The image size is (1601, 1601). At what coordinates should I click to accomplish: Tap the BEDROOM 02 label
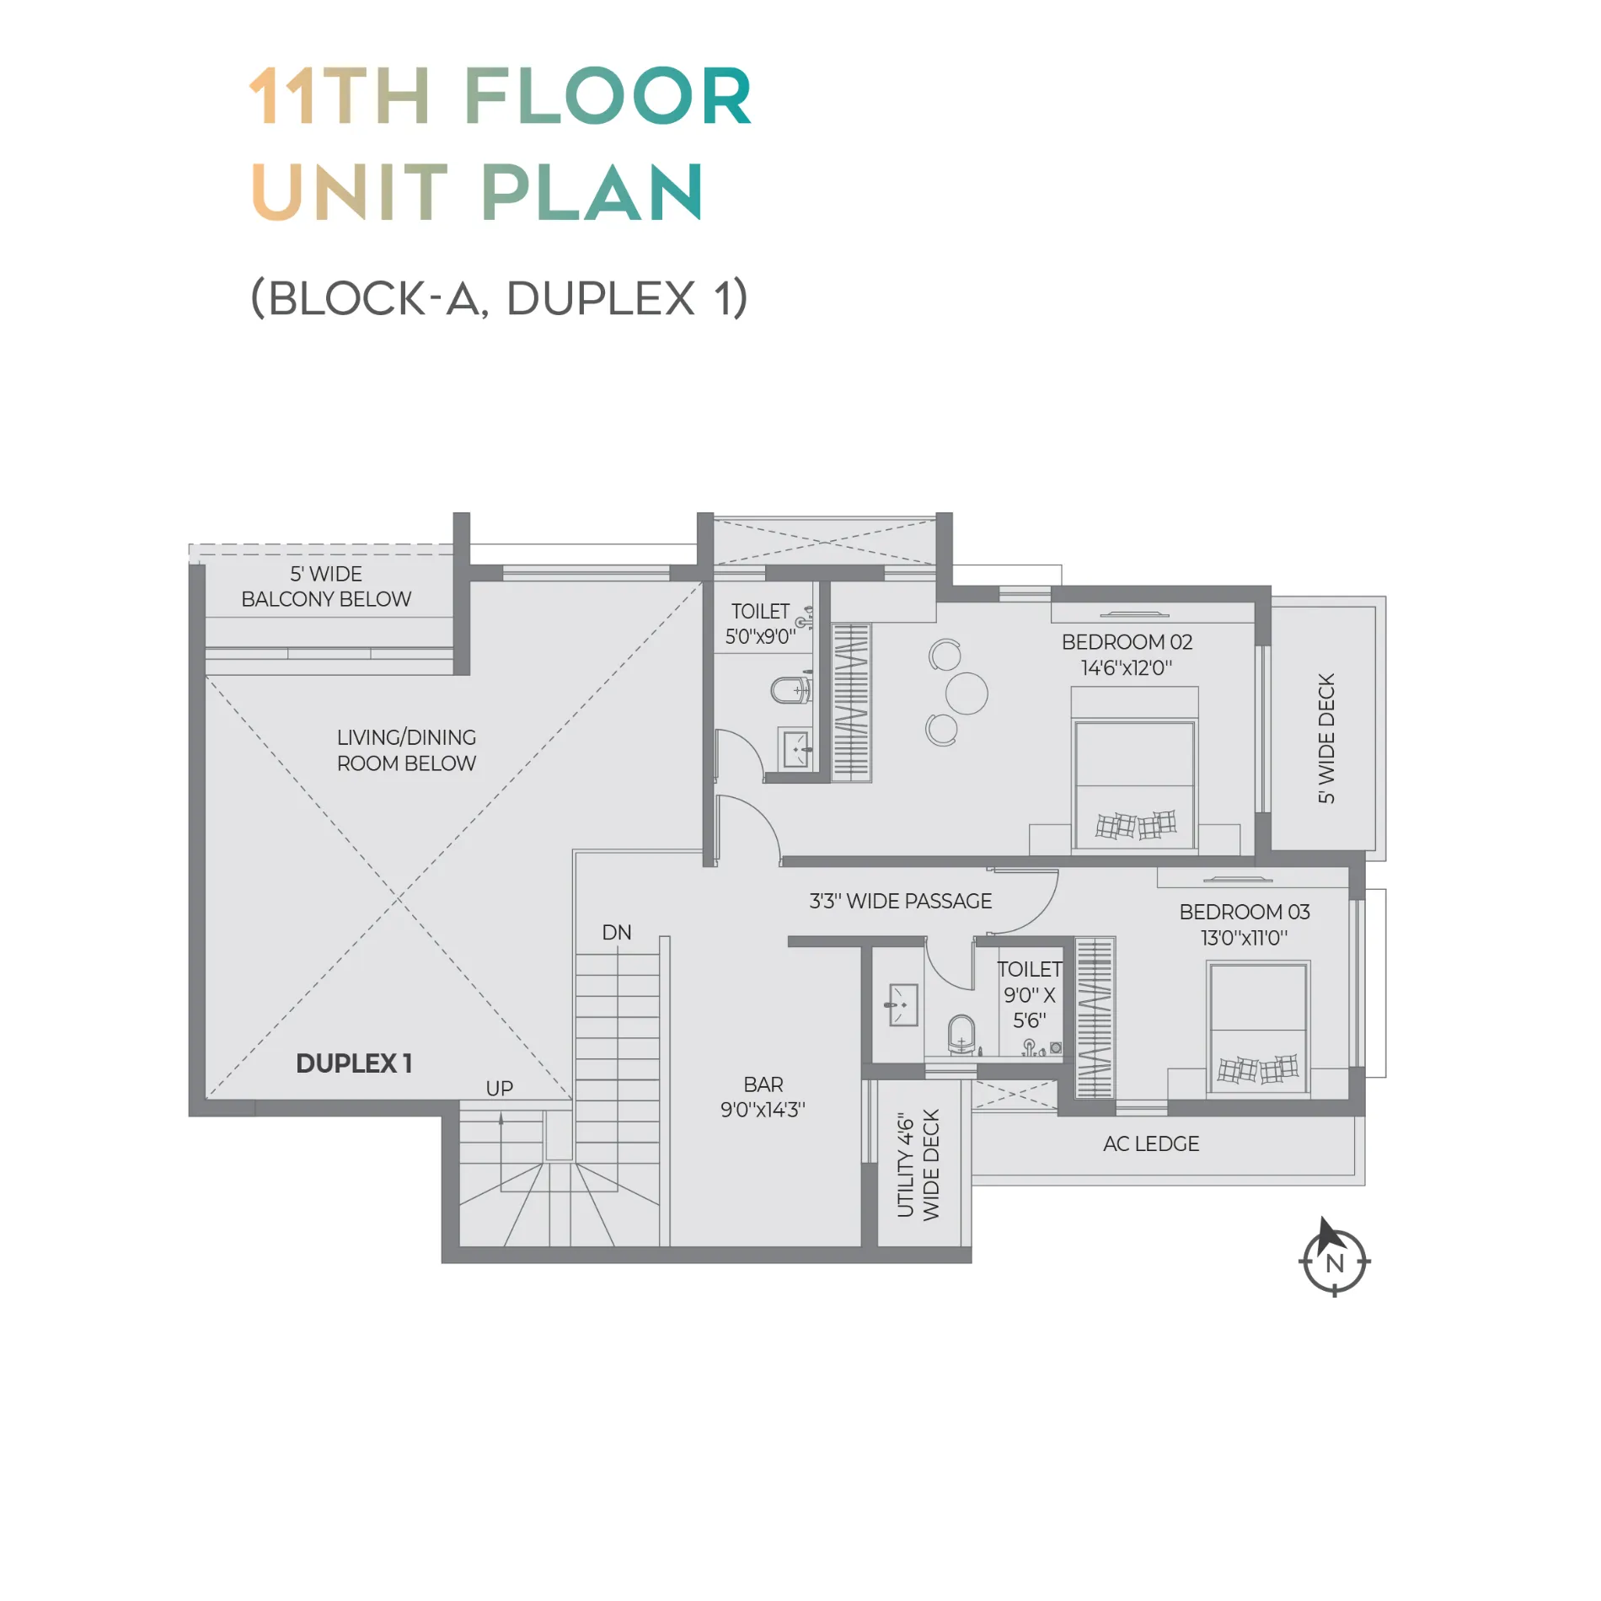point(1127,655)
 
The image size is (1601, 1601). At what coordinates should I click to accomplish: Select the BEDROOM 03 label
point(1245,924)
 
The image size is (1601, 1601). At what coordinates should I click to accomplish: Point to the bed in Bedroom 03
point(1258,1028)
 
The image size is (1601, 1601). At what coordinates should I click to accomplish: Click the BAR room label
point(763,1096)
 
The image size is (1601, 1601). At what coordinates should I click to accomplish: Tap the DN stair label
point(617,932)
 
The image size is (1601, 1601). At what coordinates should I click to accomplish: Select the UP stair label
point(500,1088)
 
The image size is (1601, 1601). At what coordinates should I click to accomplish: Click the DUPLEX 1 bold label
point(354,1063)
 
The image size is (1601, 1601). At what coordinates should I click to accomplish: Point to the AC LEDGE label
point(1151,1143)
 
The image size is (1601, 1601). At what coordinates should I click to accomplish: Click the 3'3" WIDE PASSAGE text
point(901,901)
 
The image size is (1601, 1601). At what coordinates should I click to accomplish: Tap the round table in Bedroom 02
point(966,693)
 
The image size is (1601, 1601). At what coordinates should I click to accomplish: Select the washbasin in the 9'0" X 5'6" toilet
point(902,1004)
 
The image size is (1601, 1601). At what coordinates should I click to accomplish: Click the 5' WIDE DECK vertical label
point(1326,738)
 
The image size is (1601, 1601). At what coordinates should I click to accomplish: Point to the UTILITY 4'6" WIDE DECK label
point(918,1165)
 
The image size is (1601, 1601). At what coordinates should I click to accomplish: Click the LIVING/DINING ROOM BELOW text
point(406,750)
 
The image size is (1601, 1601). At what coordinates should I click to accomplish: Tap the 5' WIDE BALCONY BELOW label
point(326,586)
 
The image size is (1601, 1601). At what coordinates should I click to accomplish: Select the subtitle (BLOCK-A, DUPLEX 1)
point(499,298)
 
